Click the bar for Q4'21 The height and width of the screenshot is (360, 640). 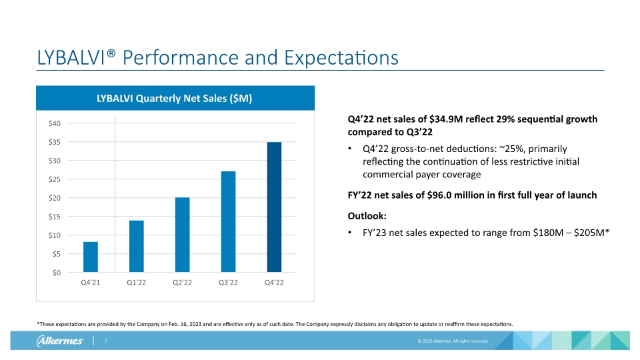click(x=91, y=257)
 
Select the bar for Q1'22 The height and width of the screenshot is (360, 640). click(x=137, y=246)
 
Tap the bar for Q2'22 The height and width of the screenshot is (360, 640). click(x=182, y=235)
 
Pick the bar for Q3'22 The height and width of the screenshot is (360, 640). click(x=228, y=221)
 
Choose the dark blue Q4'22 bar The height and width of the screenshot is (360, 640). click(x=274, y=207)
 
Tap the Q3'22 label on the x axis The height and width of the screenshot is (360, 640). click(x=228, y=283)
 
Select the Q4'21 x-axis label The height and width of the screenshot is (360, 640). click(x=91, y=283)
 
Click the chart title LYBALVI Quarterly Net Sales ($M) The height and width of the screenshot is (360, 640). click(x=174, y=99)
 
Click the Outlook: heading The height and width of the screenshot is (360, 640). click(x=366, y=216)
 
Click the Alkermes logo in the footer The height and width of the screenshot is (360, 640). click(x=59, y=341)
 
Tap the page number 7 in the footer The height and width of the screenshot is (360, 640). click(x=105, y=341)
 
